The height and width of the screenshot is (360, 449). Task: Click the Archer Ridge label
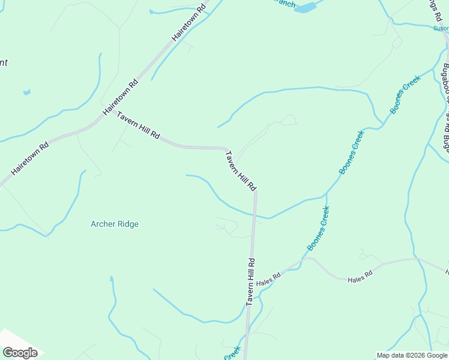pos(114,224)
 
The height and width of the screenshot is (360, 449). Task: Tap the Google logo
pos(20,353)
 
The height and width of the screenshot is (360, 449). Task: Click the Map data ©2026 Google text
pos(412,355)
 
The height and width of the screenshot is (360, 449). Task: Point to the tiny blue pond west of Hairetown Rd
pos(26,92)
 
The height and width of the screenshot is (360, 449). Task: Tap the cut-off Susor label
pos(441,28)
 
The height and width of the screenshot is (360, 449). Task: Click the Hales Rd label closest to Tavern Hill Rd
pos(268,279)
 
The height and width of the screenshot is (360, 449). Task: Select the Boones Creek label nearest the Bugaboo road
pos(406,95)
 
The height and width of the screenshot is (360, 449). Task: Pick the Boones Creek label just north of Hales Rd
pos(318,229)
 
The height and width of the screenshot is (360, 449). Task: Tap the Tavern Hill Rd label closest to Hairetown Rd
pos(138,125)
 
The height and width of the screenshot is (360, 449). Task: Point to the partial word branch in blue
pos(282,4)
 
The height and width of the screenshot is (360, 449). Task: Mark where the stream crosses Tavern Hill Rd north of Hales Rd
pos(255,215)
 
